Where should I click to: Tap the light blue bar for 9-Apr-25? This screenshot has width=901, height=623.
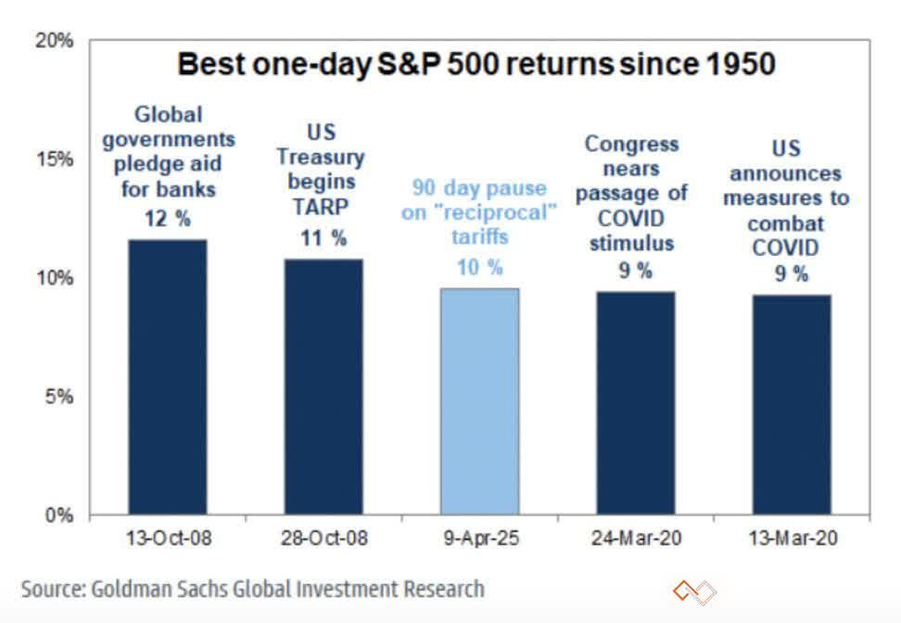[479, 401]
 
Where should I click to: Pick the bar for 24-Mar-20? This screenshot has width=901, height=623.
[635, 403]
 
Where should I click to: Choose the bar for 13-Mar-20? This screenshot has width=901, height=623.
[791, 405]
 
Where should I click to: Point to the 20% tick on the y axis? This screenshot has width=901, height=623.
[55, 41]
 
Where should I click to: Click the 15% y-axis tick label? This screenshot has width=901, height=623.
[55, 159]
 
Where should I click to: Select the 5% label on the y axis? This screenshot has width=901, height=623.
[58, 397]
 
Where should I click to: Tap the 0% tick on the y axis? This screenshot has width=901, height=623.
[58, 515]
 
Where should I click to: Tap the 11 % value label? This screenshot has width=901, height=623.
[324, 237]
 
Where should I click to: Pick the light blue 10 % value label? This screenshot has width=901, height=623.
[479, 268]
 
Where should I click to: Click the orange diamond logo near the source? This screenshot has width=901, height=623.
[695, 591]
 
